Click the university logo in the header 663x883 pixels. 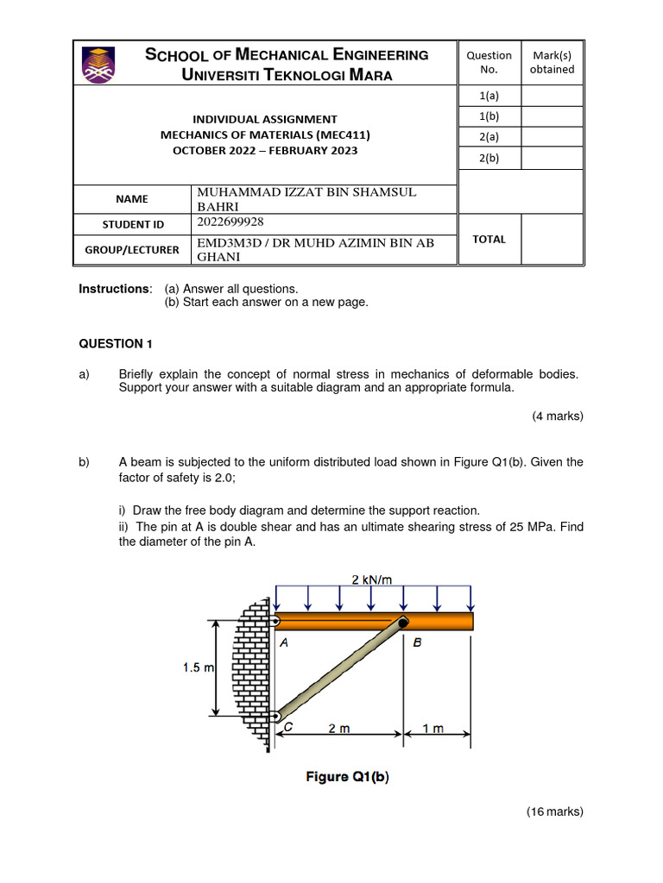(x=97, y=65)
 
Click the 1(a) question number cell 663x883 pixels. (x=489, y=96)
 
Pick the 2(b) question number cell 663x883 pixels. (x=489, y=158)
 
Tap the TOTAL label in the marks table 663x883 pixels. (x=489, y=239)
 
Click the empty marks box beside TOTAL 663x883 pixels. (x=552, y=239)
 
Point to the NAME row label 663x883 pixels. (x=132, y=198)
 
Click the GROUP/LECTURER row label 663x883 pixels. (x=132, y=249)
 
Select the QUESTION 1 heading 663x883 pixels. (x=116, y=343)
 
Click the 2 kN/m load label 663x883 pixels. (x=372, y=579)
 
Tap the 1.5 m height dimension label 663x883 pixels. (x=198, y=667)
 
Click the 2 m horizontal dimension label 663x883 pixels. (x=339, y=728)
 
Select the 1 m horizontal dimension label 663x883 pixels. (x=433, y=728)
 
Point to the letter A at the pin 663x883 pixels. (x=284, y=642)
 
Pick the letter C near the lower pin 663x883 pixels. (x=288, y=727)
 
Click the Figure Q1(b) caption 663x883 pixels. (x=347, y=776)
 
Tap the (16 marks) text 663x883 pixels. (x=554, y=811)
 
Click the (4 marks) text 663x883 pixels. (x=557, y=416)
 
